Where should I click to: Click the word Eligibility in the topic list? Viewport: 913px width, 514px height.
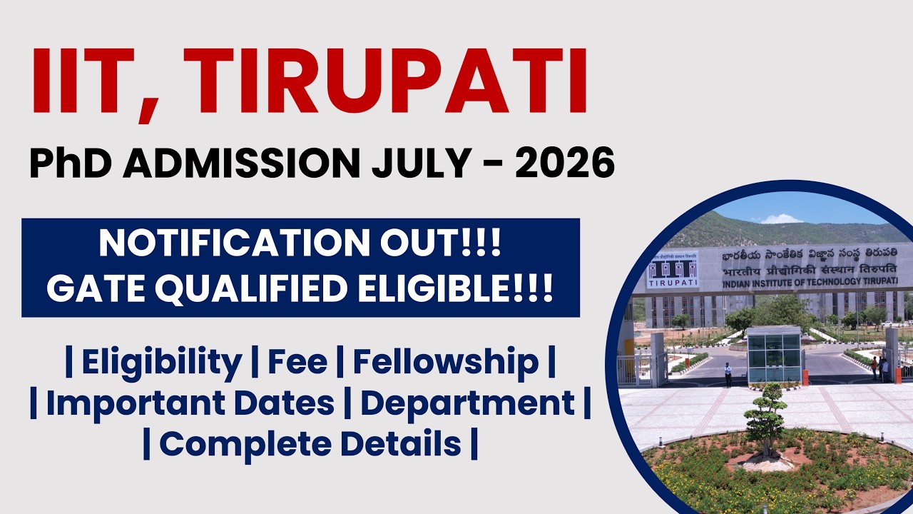click(161, 363)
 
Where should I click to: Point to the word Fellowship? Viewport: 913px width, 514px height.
click(445, 363)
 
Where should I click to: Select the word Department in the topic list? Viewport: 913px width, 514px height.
click(467, 403)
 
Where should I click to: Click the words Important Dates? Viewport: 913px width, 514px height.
click(190, 403)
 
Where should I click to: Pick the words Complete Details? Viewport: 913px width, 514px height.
click(310, 444)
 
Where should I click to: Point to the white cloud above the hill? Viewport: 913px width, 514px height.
click(781, 219)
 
